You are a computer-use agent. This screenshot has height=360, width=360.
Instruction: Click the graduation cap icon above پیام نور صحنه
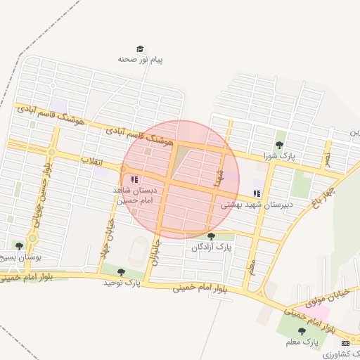pyautogui.click(x=141, y=49)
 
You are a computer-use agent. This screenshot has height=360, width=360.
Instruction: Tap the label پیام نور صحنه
pyautogui.click(x=141, y=60)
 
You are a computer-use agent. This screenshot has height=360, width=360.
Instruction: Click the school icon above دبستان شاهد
pyautogui.click(x=134, y=180)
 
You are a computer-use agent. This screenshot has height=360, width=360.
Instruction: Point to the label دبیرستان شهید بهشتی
pyautogui.click(x=257, y=205)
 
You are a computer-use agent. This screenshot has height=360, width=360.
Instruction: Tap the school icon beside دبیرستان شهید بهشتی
pyautogui.click(x=257, y=193)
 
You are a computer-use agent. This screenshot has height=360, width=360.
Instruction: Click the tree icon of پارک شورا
pyautogui.click(x=279, y=145)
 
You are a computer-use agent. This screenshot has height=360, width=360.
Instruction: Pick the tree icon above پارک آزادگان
pyautogui.click(x=212, y=236)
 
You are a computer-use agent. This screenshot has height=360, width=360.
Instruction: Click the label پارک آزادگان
pyautogui.click(x=212, y=247)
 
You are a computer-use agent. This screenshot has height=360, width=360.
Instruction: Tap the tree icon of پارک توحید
pyautogui.click(x=122, y=271)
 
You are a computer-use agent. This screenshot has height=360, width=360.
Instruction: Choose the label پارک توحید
pyautogui.click(x=122, y=283)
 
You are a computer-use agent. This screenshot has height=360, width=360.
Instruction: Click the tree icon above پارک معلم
pyautogui.click(x=302, y=330)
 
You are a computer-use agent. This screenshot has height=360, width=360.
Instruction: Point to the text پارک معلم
pyautogui.click(x=302, y=342)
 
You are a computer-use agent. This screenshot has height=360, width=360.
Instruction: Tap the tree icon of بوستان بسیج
pyautogui.click(x=19, y=245)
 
